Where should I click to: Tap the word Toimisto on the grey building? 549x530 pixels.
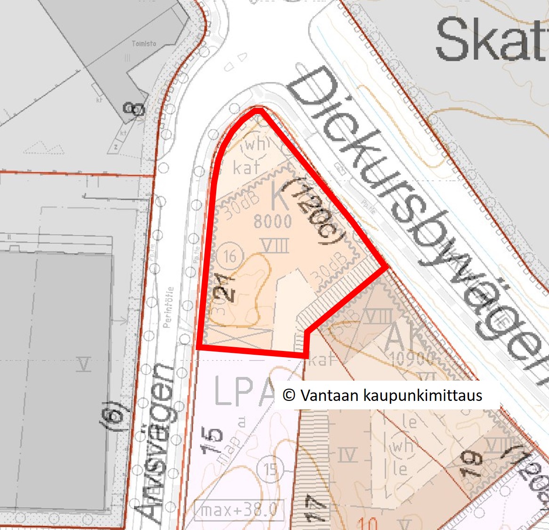144,44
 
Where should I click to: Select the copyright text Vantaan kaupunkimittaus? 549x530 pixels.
382,395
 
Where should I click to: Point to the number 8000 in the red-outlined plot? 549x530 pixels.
273,221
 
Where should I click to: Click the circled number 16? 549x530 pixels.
230,257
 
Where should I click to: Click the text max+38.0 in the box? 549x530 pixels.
239,510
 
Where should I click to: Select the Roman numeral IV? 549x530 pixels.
347,455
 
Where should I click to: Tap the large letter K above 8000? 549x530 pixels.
280,198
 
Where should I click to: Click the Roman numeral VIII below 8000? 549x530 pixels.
275,245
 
